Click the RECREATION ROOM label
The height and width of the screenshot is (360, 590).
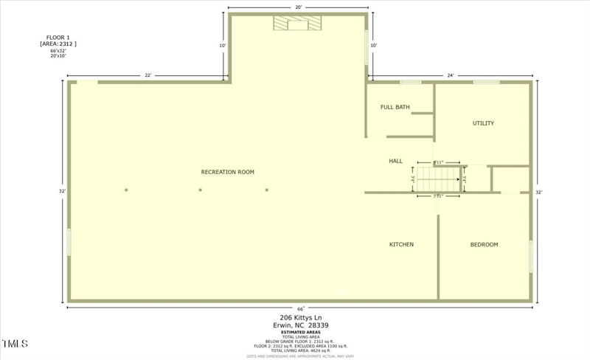point(227,172)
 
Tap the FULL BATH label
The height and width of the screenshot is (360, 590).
point(395,107)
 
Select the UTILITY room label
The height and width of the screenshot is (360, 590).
point(483,123)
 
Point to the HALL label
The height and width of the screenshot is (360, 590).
point(396,161)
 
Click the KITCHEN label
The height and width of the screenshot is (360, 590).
point(401,244)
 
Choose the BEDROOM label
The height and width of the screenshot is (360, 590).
point(484,244)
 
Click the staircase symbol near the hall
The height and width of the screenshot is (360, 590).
point(438,179)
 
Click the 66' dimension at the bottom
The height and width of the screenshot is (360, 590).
point(301,308)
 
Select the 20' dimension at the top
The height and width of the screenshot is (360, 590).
point(299,7)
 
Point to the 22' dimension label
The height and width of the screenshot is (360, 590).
point(147,75)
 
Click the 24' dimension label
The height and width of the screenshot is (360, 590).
point(450,75)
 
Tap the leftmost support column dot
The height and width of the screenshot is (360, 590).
point(126,190)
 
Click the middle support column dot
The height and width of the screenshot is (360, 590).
point(200,190)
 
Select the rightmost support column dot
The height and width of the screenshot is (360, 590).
point(267,190)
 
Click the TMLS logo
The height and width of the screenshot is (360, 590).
point(15,344)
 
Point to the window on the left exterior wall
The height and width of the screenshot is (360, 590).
point(69,241)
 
